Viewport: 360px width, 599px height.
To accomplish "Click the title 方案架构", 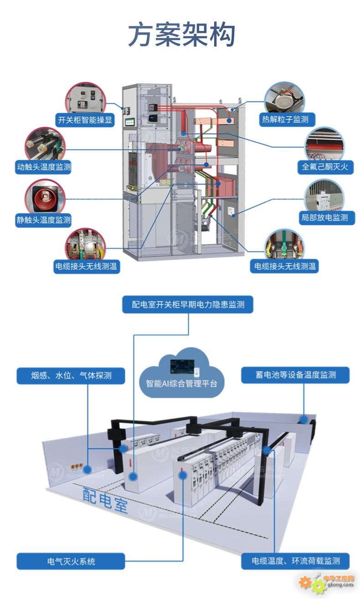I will tap(181, 36).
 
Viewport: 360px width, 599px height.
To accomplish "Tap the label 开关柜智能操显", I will tap(85, 120).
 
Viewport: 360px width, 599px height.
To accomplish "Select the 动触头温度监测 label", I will tap(44, 167).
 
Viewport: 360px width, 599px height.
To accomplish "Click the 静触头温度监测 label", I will tap(44, 220).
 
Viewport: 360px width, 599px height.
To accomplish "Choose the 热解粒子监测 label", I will tap(285, 120).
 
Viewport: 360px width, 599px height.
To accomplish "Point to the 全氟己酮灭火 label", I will tap(325, 167).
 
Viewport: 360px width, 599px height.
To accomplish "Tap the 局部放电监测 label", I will tap(325, 218).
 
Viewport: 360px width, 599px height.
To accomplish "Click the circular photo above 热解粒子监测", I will tap(285, 97).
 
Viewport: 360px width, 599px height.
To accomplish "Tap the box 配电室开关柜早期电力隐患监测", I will tap(188, 304).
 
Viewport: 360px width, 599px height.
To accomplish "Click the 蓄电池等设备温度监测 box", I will tap(295, 375).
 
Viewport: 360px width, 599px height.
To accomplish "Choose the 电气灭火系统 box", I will tap(71, 561).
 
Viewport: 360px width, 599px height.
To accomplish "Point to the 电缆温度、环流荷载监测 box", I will tap(295, 561).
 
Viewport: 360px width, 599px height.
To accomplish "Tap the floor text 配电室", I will tap(106, 500).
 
